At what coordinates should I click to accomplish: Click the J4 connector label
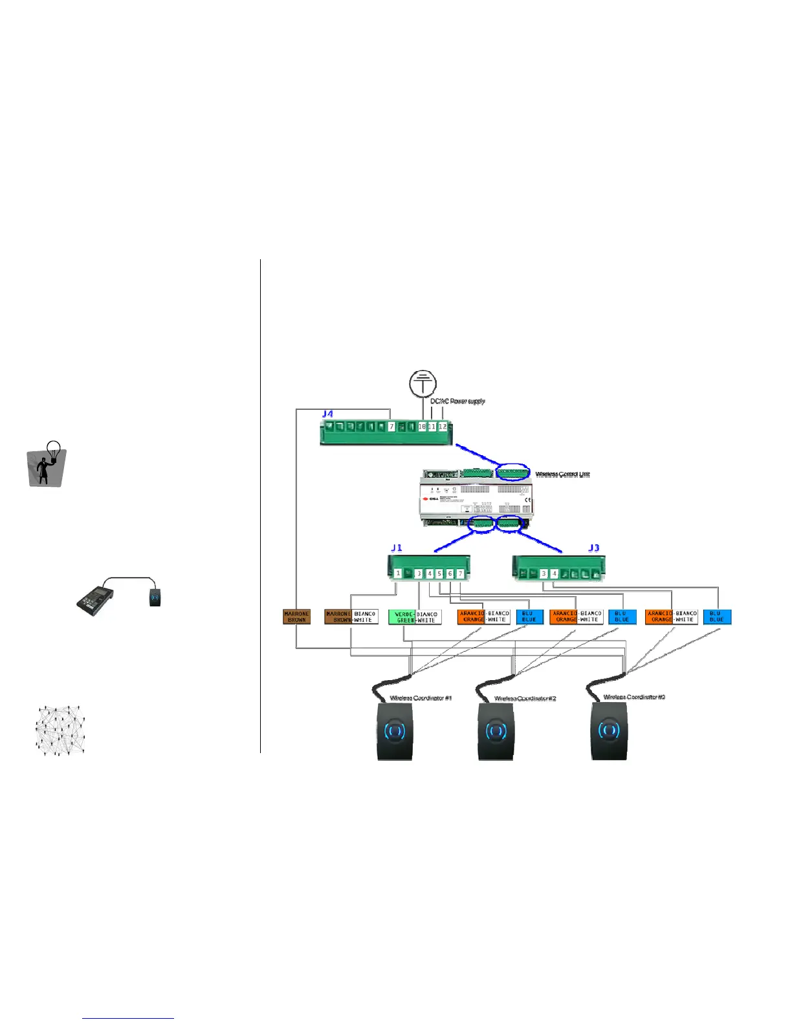pos(327,414)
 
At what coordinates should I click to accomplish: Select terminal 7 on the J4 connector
pos(391,427)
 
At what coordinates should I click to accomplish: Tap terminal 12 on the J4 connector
pos(443,427)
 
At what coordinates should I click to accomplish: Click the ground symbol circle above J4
pos(423,384)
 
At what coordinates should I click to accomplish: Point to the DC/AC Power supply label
pos(457,401)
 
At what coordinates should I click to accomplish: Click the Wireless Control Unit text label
pos(562,475)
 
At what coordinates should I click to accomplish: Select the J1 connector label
pos(397,548)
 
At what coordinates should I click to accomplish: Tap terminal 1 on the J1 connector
pos(398,573)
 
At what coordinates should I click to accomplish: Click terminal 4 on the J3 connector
pos(554,573)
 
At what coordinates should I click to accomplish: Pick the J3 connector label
pos(593,548)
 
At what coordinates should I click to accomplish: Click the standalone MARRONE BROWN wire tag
pos(297,617)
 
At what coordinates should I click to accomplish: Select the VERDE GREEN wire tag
pos(404,617)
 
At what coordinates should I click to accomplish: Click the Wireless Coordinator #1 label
pos(421,698)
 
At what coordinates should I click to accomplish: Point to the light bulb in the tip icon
pos(55,448)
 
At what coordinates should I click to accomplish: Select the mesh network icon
pos(60,730)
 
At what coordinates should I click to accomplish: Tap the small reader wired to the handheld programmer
pos(154,597)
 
